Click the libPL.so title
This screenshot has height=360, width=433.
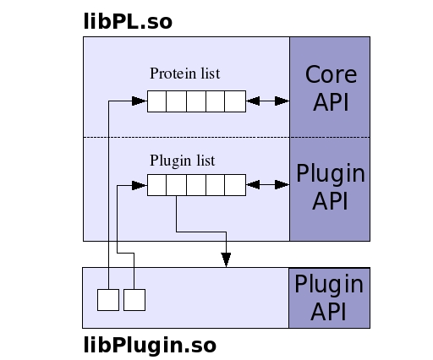(x=128, y=21)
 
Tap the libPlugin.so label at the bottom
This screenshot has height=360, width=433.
(x=150, y=345)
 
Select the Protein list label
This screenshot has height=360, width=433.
(x=184, y=74)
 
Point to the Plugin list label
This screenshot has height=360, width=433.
(x=183, y=161)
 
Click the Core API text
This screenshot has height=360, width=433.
(x=331, y=88)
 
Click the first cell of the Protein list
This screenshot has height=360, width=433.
(x=157, y=101)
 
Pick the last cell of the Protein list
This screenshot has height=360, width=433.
(x=235, y=101)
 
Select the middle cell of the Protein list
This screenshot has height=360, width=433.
(x=196, y=101)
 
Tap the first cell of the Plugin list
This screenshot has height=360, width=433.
(x=157, y=185)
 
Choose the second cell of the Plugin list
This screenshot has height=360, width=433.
(x=177, y=185)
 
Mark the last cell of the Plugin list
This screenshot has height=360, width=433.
(x=235, y=185)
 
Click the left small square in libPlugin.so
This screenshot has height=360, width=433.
(x=108, y=300)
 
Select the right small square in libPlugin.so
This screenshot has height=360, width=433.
(x=134, y=300)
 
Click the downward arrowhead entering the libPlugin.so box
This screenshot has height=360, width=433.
(x=226, y=259)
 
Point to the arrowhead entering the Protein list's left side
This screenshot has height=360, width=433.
(x=140, y=101)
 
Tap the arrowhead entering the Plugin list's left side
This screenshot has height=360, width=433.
(x=140, y=185)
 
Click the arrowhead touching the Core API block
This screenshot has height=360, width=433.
(x=282, y=101)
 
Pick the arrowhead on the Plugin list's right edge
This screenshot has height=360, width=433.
(x=253, y=185)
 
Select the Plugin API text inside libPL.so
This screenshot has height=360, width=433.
(x=331, y=187)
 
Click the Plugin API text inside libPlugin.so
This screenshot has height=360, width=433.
(x=329, y=297)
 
